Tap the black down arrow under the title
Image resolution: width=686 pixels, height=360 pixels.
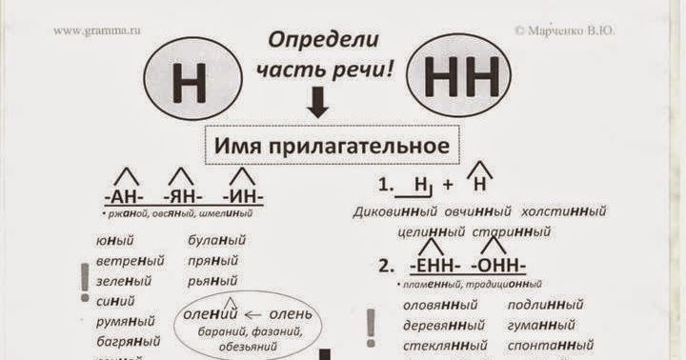pyautogui.click(x=318, y=103)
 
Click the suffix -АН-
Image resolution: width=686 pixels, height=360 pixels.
pyautogui.click(x=123, y=198)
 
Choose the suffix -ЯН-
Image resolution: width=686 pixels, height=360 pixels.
pyautogui.click(x=181, y=198)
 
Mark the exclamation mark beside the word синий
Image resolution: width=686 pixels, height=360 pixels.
pyautogui.click(x=84, y=280)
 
